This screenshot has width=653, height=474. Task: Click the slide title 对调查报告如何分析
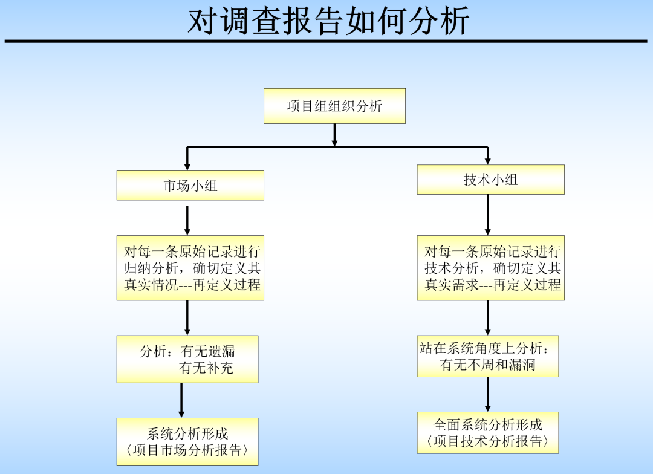tap(328, 22)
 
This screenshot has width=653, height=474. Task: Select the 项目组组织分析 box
tap(334, 106)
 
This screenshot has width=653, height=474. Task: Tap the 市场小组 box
tap(190, 186)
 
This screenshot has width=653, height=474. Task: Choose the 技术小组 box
tap(490, 180)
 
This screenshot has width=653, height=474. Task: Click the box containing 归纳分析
tap(190, 268)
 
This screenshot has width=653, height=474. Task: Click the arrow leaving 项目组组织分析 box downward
tap(334, 135)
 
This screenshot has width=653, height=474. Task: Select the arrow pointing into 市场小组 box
tap(187, 158)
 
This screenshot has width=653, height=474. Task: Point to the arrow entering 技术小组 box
tap(487, 155)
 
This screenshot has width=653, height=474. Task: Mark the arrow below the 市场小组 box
tap(187, 220)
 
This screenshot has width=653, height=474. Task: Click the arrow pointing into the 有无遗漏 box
tap(187, 318)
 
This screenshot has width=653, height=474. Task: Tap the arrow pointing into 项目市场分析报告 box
tap(181, 400)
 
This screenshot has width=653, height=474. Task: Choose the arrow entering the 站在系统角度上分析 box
tap(487, 318)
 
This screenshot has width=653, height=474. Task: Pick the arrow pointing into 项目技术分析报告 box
tap(487, 395)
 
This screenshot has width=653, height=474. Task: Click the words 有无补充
tap(206, 368)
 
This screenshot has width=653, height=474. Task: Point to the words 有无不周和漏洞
tap(487, 365)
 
